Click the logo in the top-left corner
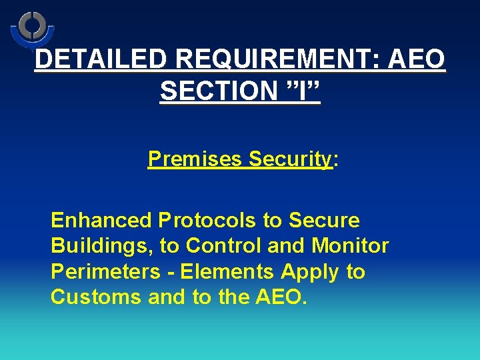pyautogui.click(x=31, y=29)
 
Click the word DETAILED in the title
pyautogui.click(x=99, y=59)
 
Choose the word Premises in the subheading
pyautogui.click(x=195, y=159)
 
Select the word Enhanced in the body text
pyautogui.click(x=102, y=220)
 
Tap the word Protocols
pyautogui.click(x=207, y=220)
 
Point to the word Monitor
pyautogui.click(x=350, y=246)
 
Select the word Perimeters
pyautogui.click(x=105, y=272)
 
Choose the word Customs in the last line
pyautogui.click(x=96, y=297)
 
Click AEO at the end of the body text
pyautogui.click(x=279, y=297)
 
